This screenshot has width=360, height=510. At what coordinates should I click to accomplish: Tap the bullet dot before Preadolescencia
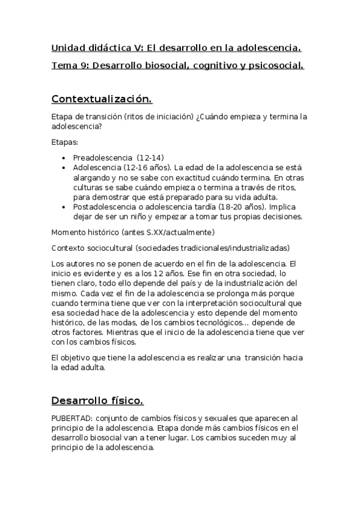pos(65,158)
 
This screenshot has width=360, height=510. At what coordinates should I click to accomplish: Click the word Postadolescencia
pos(106,207)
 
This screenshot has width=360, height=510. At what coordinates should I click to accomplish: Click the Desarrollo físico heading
pos(97,401)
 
